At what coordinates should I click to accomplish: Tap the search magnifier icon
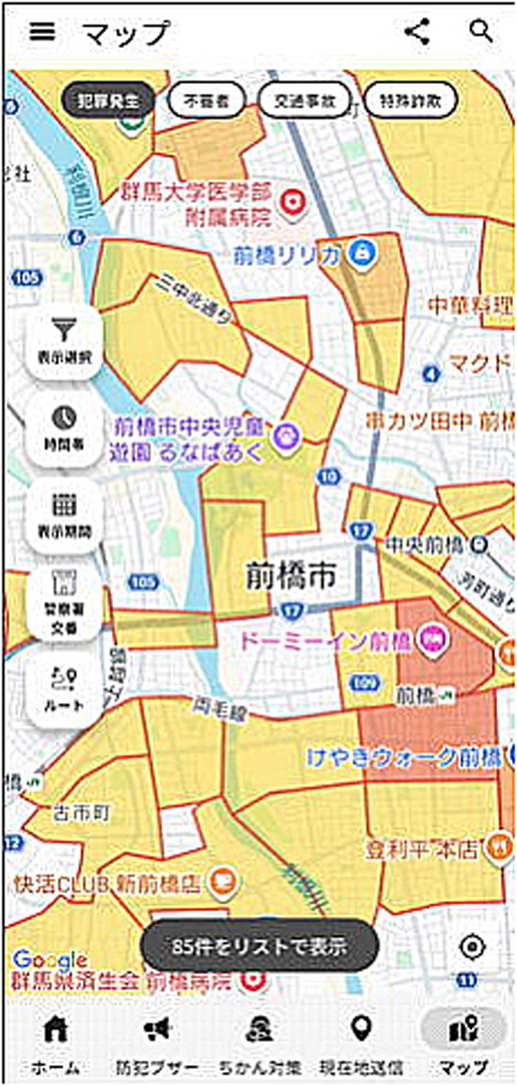pyautogui.click(x=481, y=31)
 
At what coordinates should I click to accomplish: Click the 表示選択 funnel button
pyautogui.click(x=64, y=340)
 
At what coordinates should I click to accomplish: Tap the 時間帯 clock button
pyautogui.click(x=64, y=427)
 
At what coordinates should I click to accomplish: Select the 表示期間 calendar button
pyautogui.click(x=64, y=513)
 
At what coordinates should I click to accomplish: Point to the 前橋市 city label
pyautogui.click(x=285, y=575)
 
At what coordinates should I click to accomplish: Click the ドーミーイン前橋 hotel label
pyautogui.click(x=326, y=641)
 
